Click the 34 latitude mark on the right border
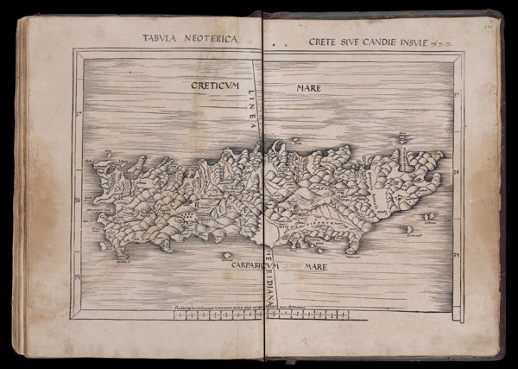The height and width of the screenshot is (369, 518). (458, 255)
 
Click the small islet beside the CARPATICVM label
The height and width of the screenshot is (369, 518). (226, 255)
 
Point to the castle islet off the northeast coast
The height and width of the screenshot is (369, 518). (401, 137)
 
